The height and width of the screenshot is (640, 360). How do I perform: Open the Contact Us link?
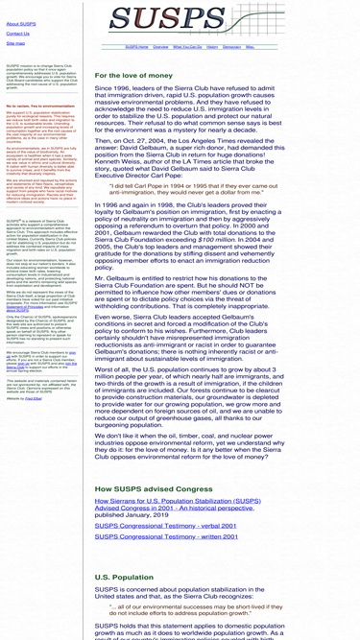(17, 34)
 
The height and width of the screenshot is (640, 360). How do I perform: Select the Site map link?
(15, 43)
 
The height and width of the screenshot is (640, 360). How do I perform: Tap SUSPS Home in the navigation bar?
(136, 46)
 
